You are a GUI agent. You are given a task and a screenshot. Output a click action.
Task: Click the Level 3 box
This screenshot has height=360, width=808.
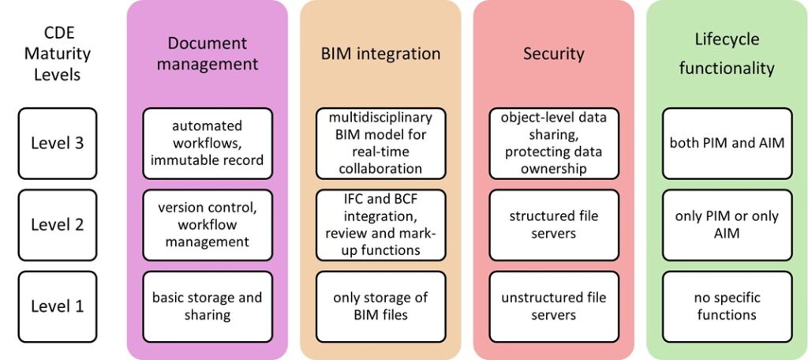(57, 143)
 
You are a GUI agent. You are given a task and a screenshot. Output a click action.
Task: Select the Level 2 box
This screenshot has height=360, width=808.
(57, 225)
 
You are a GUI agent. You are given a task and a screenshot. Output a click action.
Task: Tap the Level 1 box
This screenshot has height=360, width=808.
(57, 306)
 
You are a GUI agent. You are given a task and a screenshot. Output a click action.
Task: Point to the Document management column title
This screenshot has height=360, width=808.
(208, 54)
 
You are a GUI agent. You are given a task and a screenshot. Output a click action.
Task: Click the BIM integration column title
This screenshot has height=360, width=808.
(380, 54)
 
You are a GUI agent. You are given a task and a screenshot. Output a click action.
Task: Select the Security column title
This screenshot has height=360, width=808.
(553, 54)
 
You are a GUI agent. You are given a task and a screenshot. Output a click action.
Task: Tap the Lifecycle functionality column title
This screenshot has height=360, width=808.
(727, 54)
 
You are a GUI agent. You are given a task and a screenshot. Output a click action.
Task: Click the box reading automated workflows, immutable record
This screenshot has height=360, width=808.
(208, 143)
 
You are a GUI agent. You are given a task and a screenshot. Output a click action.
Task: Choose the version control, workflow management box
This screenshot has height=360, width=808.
(208, 225)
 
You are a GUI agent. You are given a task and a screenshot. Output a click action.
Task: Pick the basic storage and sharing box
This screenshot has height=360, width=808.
(208, 306)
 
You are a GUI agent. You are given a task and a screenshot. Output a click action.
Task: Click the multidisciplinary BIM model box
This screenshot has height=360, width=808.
(380, 143)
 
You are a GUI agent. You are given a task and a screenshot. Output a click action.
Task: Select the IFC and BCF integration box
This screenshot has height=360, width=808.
(380, 225)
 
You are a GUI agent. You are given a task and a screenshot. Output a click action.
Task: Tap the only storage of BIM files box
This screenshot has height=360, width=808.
(380, 306)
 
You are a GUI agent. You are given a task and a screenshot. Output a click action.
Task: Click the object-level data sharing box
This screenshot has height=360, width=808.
(553, 143)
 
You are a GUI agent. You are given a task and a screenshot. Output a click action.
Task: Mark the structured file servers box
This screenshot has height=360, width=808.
(553, 225)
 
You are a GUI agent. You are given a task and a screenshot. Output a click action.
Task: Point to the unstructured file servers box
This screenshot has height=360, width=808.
(553, 306)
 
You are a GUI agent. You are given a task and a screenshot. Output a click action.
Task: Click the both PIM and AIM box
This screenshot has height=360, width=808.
(727, 143)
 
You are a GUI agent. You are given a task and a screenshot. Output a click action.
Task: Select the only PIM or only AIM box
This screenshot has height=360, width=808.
(727, 225)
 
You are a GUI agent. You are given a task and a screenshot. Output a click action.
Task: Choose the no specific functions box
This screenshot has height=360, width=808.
(727, 306)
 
